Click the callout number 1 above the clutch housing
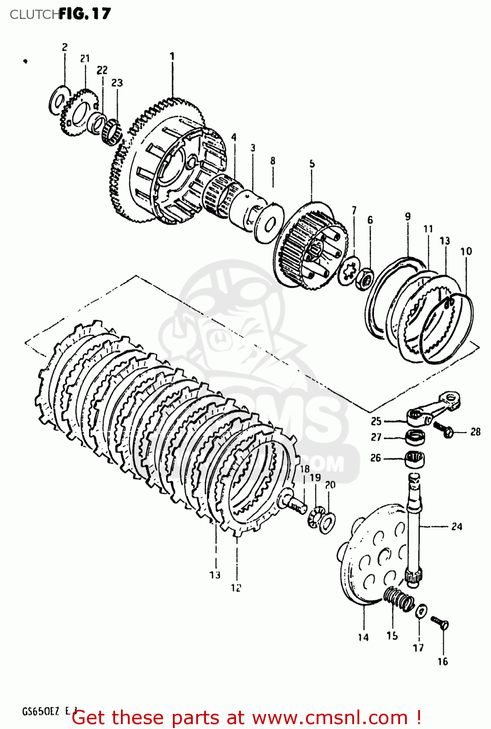pyautogui.click(x=172, y=56)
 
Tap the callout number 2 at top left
pyautogui.click(x=65, y=47)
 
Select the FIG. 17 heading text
pyautogui.click(x=85, y=14)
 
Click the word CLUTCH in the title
pyautogui.click(x=34, y=15)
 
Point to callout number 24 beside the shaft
pyautogui.click(x=457, y=526)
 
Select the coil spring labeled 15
pyautogui.click(x=398, y=599)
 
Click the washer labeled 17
pyautogui.click(x=421, y=610)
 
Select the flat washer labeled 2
pyautogui.click(x=57, y=102)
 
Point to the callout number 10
pyautogui.click(x=466, y=251)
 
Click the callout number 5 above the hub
pyautogui.click(x=312, y=164)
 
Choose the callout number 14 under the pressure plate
pyautogui.click(x=363, y=637)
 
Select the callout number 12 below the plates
pyautogui.click(x=236, y=588)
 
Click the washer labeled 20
pyautogui.click(x=327, y=523)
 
